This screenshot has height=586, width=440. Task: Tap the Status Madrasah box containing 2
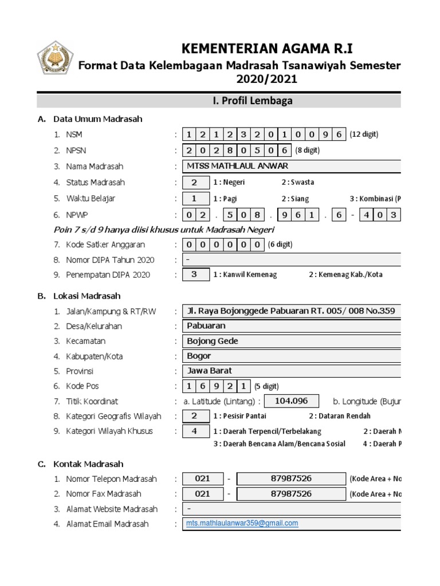[x=194, y=183]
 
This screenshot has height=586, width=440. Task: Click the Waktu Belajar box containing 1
[x=194, y=199]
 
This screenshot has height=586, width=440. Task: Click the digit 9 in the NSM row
[x=325, y=134]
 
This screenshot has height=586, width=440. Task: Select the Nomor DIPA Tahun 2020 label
[x=110, y=260]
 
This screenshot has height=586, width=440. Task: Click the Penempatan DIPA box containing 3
[x=194, y=275]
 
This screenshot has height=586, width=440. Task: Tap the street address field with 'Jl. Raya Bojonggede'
[x=291, y=311]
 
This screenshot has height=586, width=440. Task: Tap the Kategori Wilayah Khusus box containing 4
[x=194, y=431]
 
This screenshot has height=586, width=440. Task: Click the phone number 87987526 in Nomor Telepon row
[x=291, y=479]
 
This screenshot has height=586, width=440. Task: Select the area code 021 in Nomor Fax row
[x=202, y=494]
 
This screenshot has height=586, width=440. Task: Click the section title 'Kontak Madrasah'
[x=88, y=464]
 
